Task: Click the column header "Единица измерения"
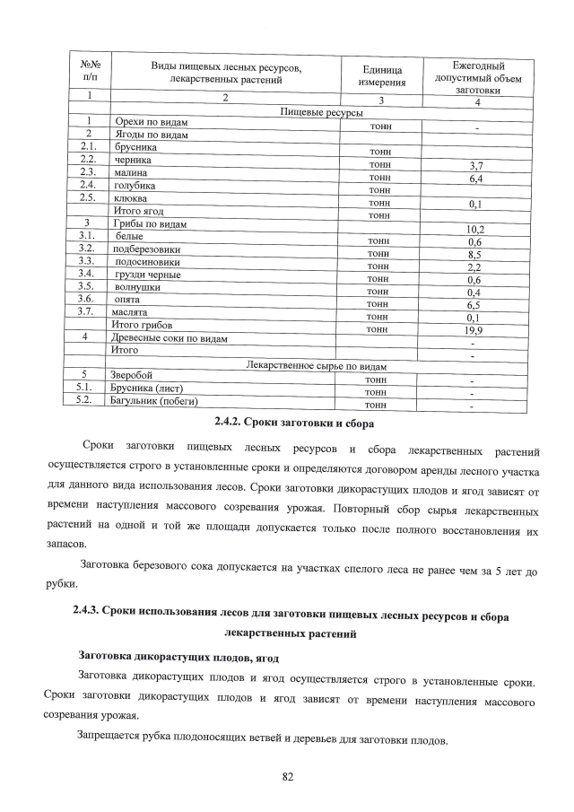tap(381, 76)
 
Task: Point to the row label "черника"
tap(132, 159)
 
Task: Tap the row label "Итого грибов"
tap(141, 324)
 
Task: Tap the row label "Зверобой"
tap(131, 374)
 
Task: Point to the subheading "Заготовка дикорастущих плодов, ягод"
tap(167, 655)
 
